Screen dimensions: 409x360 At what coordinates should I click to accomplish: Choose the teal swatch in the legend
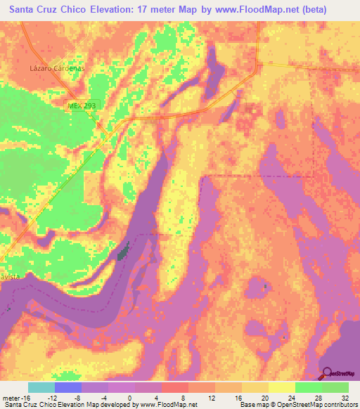[x=41, y=387]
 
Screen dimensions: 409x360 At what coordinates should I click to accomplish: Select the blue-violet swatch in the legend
[x=68, y=387]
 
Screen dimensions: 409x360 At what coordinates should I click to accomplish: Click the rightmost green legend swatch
[x=335, y=387]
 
